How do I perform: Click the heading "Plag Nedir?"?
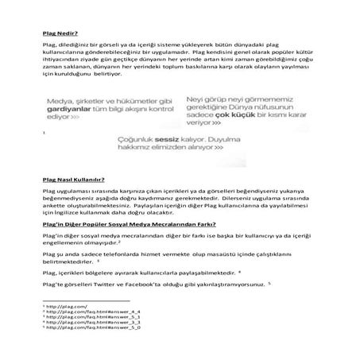60,34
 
